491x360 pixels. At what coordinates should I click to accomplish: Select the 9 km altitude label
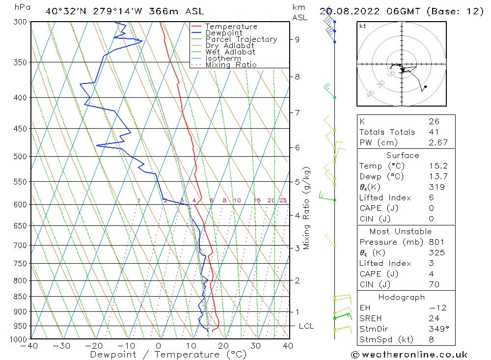tap(298, 39)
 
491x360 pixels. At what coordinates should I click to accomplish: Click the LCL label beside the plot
tap(306, 326)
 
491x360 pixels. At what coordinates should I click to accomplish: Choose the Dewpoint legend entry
tap(224, 33)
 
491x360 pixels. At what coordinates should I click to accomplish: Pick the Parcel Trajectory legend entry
tap(241, 39)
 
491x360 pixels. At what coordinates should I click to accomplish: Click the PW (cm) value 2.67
tap(438, 142)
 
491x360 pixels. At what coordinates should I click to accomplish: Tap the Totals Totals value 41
tap(434, 132)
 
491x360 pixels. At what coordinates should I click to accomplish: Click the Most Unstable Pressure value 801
tap(436, 242)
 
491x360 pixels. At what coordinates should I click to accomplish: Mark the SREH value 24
tap(434, 318)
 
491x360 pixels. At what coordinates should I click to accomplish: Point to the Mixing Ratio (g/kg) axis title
tap(306, 208)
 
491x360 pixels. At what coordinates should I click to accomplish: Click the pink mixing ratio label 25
tap(283, 200)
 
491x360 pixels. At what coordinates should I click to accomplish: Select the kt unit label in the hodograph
tap(362, 26)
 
